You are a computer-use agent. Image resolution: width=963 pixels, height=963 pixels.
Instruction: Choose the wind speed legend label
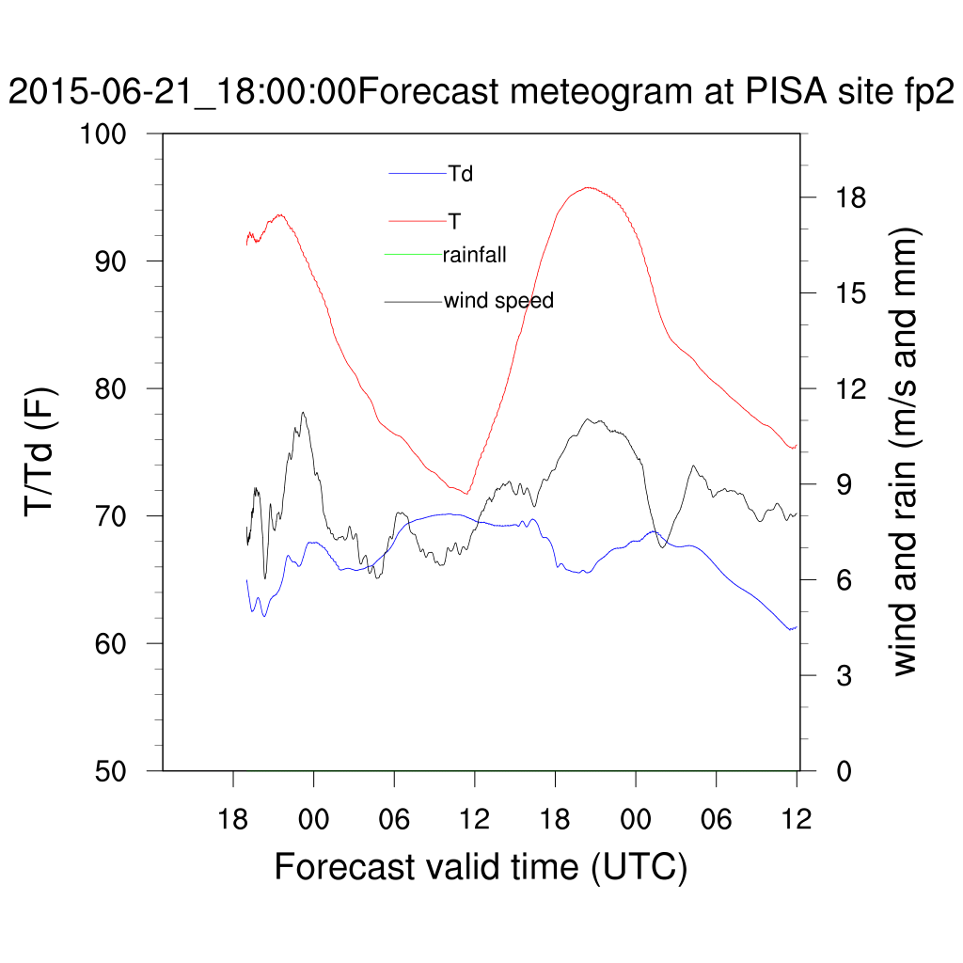pyautogui.click(x=498, y=301)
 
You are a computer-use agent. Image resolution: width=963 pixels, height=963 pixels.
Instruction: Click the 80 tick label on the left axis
pyautogui.click(x=118, y=388)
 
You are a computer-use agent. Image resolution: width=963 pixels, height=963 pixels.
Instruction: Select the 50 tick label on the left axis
pyautogui.click(x=118, y=770)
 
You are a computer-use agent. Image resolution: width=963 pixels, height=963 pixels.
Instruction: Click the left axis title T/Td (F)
pyautogui.click(x=42, y=451)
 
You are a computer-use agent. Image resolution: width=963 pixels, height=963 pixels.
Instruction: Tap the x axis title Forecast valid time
pyautogui.click(x=481, y=866)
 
